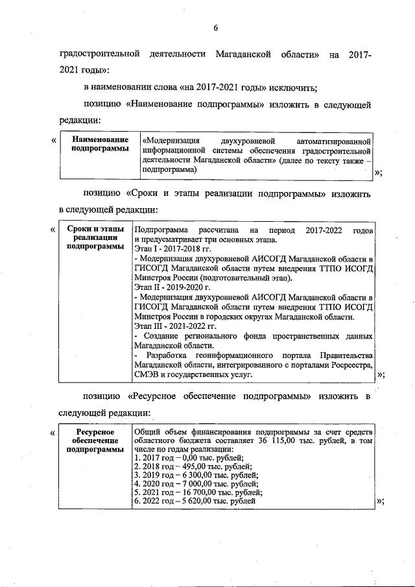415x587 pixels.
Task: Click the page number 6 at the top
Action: [x=215, y=27]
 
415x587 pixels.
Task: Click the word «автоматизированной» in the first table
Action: [x=333, y=139]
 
